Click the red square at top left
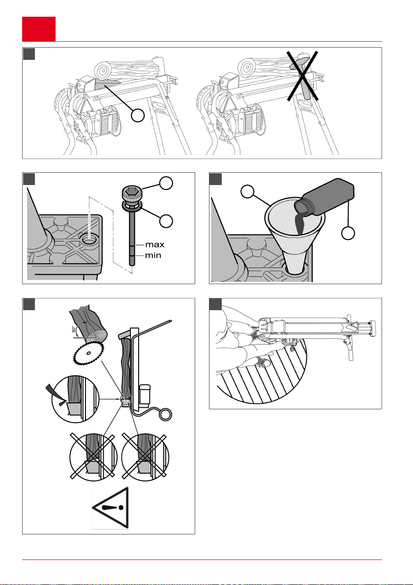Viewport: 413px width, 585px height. tap(39, 28)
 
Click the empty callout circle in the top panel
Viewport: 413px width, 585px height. tap(139, 116)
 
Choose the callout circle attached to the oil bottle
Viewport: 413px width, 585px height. tap(349, 233)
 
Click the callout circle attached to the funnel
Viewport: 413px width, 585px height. tap(247, 192)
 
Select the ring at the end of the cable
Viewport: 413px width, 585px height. tap(166, 415)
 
